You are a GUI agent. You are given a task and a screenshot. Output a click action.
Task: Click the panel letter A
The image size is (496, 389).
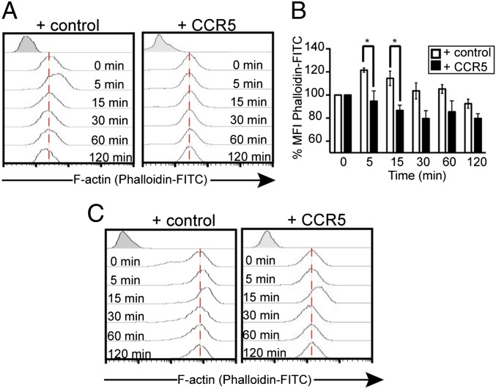coord(10,11)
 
